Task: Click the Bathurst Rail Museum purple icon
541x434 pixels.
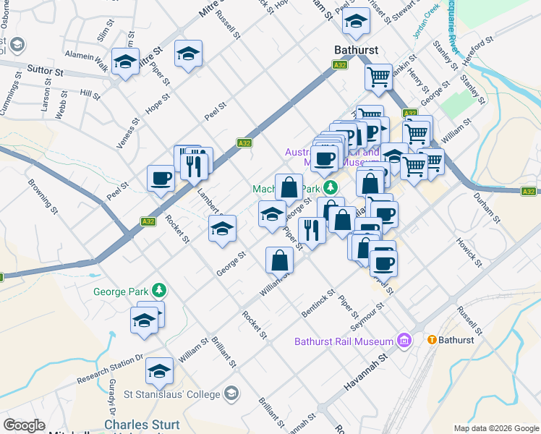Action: coord(404,341)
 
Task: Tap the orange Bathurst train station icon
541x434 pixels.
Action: coord(432,339)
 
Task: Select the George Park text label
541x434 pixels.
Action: coord(121,292)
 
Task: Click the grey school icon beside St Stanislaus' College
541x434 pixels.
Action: coord(231,393)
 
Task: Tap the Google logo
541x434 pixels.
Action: coord(24,425)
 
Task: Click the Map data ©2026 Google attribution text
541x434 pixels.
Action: coord(496,428)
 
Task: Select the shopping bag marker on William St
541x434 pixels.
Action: coord(279,261)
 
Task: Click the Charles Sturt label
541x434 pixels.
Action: coord(141,425)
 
